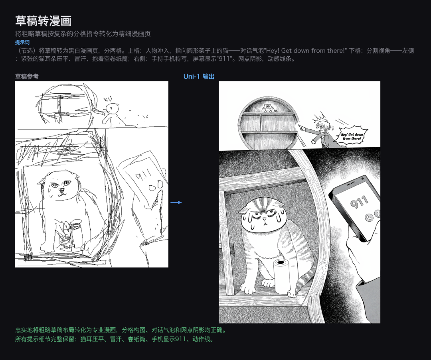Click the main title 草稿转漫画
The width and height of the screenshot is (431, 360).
(43, 21)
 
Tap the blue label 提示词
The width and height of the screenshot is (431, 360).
(22, 42)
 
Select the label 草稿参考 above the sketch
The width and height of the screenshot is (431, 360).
(27, 76)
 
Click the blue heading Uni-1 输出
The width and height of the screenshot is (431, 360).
(199, 77)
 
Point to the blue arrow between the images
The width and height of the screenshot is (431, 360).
(176, 203)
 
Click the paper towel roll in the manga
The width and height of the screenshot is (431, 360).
(281, 276)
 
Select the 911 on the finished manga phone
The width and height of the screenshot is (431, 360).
(359, 202)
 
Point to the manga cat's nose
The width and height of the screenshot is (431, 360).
(265, 219)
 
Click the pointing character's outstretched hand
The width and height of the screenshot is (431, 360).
(302, 127)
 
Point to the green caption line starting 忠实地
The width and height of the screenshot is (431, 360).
(121, 330)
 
